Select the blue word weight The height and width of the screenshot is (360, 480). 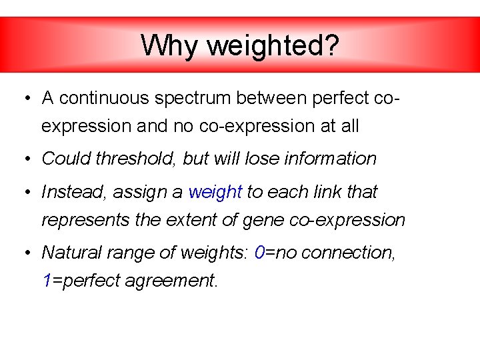215,193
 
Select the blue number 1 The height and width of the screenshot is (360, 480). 46,281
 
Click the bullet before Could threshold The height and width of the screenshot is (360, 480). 24,159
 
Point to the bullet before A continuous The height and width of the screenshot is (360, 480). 24,99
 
